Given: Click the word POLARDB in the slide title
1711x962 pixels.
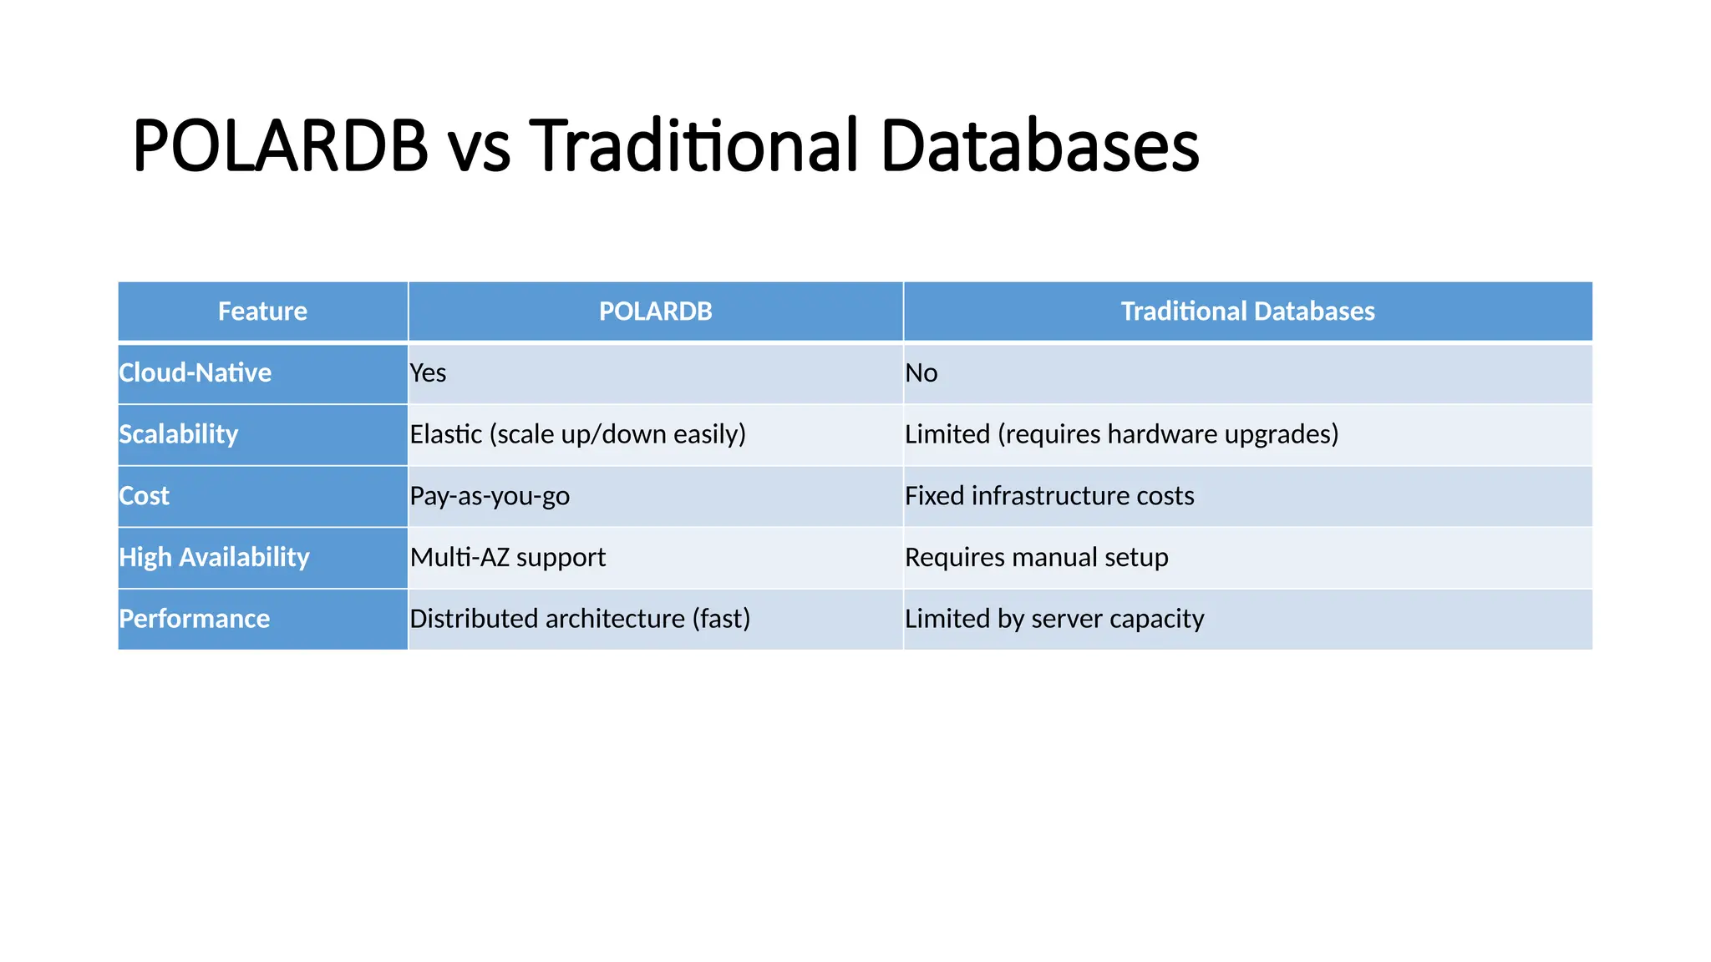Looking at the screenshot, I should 280,146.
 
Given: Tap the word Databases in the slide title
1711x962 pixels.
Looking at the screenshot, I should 1039,146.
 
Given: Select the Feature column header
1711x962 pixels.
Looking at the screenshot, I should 262,311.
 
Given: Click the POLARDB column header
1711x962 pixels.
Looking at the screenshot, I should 655,311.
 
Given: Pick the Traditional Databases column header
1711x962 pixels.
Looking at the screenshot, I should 1247,311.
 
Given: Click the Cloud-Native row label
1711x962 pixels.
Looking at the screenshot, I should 195,372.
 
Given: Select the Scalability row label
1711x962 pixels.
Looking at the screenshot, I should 179,434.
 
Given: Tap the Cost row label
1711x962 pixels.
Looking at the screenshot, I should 145,496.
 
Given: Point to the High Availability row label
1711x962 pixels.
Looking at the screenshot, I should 214,557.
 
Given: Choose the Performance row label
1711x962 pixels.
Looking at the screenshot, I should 195,619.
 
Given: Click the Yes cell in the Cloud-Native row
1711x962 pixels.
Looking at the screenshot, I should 429,372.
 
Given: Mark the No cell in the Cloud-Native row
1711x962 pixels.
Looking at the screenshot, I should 922,372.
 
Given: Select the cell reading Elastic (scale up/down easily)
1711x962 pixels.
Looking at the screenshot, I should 577,434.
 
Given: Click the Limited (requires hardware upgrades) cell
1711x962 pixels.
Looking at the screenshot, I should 1121,434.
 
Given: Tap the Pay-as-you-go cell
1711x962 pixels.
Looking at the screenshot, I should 490,496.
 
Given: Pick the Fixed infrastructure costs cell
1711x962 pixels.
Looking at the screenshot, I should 1049,496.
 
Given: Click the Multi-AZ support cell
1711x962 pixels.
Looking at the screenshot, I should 508,557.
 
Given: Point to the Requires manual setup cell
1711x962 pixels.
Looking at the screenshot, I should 1036,557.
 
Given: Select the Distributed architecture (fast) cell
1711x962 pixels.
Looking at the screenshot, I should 580,619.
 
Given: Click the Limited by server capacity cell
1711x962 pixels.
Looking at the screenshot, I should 1054,619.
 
